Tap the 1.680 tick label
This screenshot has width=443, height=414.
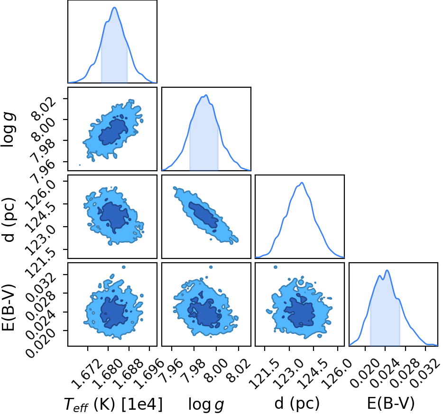(107, 374)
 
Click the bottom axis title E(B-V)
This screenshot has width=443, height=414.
(391, 403)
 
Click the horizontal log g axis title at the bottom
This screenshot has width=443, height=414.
(206, 404)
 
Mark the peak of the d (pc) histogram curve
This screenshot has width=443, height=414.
(302, 183)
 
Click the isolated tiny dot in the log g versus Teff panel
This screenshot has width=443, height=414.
(80, 165)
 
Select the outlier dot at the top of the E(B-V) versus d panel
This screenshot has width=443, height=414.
(276, 267)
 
